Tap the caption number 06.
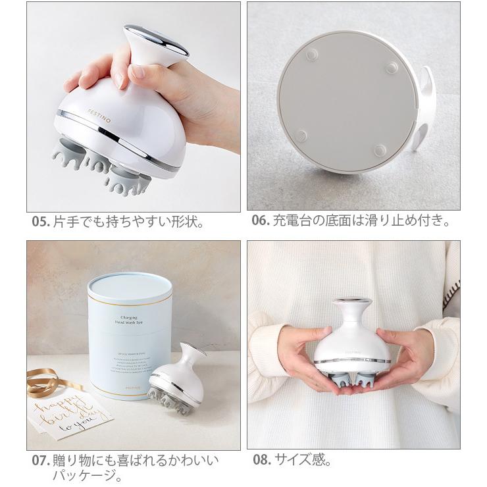pos(261,221)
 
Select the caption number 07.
pos(40,460)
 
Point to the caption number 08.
pos(261,460)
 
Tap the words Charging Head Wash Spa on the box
pos(129,319)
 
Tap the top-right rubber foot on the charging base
pos(392,67)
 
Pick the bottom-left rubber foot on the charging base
pos(301,136)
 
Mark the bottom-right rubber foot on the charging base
pos(380,151)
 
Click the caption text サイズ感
pos(303,460)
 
